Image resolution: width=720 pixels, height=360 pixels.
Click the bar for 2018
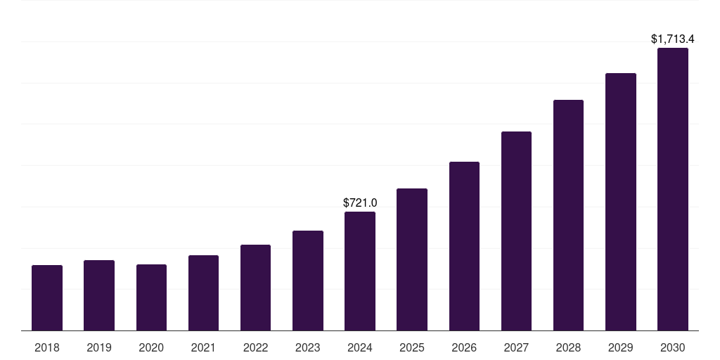(47, 297)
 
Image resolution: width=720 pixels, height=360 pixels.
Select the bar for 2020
(151, 297)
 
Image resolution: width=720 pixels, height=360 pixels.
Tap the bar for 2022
(255, 288)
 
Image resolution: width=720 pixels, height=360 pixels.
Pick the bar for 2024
(360, 271)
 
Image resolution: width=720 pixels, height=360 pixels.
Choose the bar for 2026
(464, 246)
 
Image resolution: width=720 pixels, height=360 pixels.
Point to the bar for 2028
(568, 215)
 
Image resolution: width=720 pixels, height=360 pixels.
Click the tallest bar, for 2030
(673, 189)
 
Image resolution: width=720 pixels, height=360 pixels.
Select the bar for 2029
(621, 202)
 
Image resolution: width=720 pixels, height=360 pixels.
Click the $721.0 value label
(360, 202)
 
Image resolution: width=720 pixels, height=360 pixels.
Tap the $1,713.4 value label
(673, 39)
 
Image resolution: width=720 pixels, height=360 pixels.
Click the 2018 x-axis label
(47, 347)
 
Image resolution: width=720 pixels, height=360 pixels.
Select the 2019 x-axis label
(99, 347)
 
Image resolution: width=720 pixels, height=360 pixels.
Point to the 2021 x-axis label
(203, 347)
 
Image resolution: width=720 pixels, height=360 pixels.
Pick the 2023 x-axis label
(308, 347)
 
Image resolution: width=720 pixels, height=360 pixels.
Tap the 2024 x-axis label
(360, 347)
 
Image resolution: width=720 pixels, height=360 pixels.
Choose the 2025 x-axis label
(412, 347)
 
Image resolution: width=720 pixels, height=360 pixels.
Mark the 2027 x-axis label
(516, 347)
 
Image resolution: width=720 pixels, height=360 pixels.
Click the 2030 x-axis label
(673, 347)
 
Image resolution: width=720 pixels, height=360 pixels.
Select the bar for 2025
(412, 259)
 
